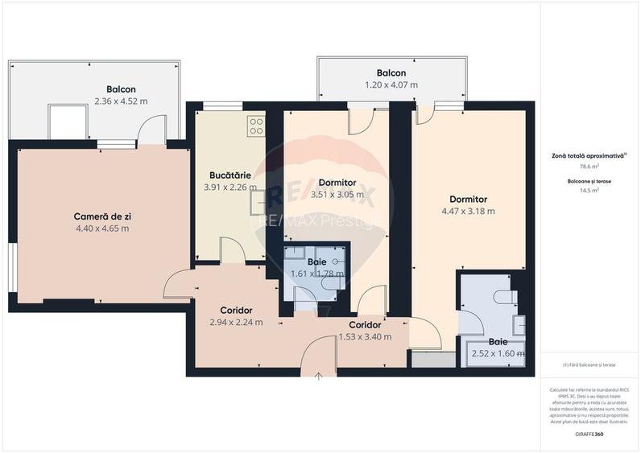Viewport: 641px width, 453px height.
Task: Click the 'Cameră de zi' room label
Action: [x=101, y=216]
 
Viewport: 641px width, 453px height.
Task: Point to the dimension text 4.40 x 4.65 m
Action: [x=101, y=228]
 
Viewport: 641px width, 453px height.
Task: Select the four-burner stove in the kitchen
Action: [x=255, y=125]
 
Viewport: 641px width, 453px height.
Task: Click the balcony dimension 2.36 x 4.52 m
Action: [x=121, y=101]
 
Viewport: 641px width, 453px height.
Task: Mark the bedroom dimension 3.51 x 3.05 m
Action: [x=337, y=194]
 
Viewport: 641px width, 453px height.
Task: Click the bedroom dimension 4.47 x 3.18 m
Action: [x=468, y=212]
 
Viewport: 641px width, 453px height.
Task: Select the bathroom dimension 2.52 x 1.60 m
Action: [x=498, y=353]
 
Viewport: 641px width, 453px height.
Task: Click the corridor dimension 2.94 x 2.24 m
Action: [x=237, y=323]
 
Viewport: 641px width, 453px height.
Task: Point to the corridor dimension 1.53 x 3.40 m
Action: [x=365, y=337]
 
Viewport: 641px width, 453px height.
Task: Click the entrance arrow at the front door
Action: [x=320, y=374]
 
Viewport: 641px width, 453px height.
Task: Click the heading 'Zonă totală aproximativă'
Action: [x=589, y=155]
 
